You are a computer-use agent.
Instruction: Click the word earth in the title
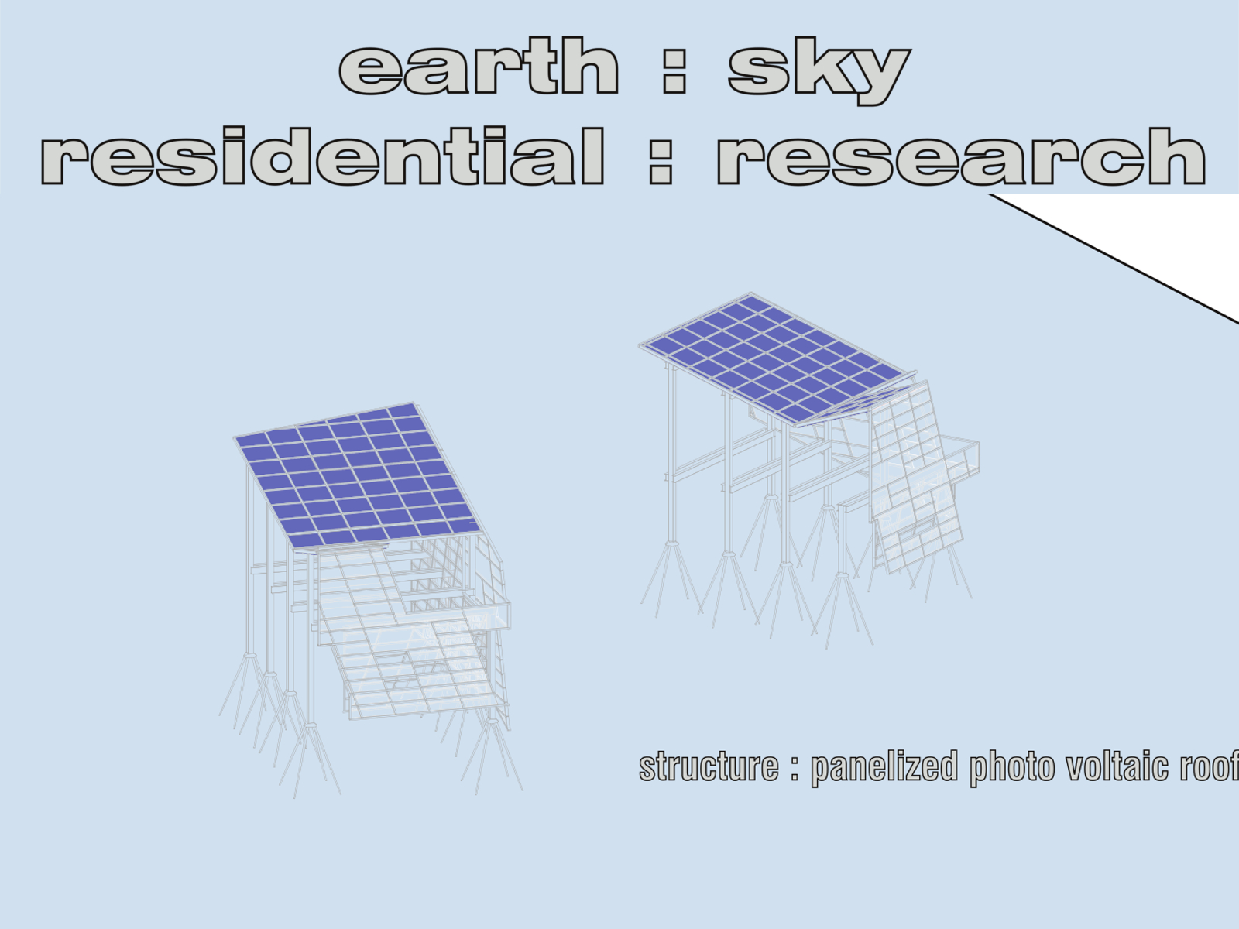pos(479,67)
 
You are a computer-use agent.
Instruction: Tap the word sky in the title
pos(818,70)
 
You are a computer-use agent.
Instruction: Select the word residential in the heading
pos(322,156)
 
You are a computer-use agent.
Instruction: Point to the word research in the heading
pos(960,156)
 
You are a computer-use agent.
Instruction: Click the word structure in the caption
pos(708,766)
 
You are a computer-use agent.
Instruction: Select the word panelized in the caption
pos(884,767)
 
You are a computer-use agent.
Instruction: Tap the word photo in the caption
pos(1011,767)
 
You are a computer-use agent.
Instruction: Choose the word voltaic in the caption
pos(1117,766)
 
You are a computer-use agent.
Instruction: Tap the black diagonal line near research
pos(1115,259)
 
